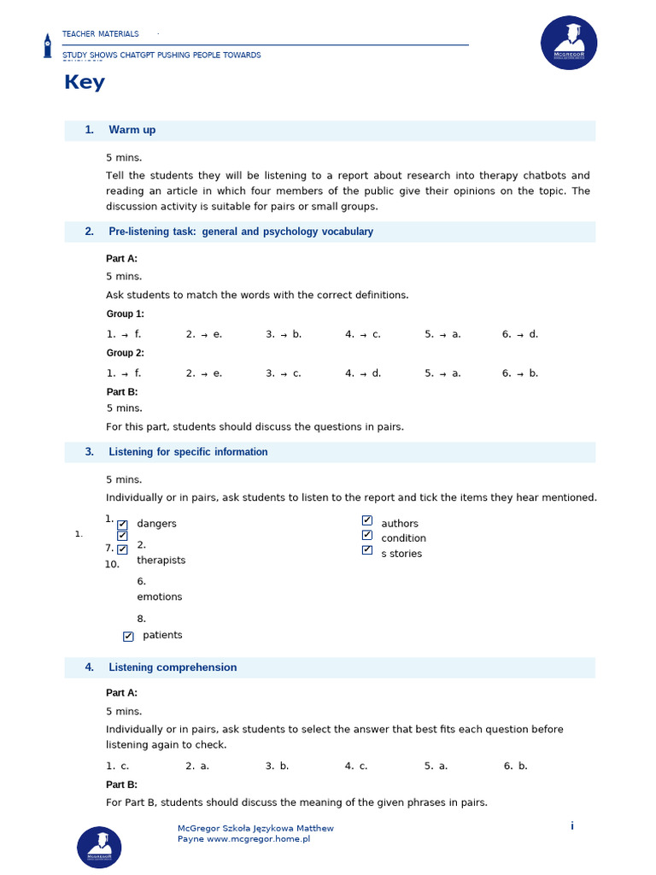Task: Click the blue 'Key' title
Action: [x=85, y=82]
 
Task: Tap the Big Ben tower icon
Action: [x=48, y=45]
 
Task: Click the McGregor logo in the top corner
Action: [x=569, y=43]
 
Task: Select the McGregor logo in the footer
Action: [x=99, y=847]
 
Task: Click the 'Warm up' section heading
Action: [x=132, y=130]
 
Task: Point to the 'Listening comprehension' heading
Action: [x=173, y=667]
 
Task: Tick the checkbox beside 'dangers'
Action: [x=122, y=525]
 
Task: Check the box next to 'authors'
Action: [x=367, y=520]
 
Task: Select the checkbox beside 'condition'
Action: [x=367, y=535]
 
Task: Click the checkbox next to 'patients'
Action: [x=128, y=636]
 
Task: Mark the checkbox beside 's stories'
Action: [x=367, y=550]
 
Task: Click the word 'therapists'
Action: [x=161, y=561]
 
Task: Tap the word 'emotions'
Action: [x=159, y=597]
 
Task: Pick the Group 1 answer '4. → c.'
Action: [x=363, y=334]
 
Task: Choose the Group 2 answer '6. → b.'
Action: [x=520, y=373]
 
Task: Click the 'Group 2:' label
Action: [x=125, y=353]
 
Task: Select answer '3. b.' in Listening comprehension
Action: [x=278, y=766]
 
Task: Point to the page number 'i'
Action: [x=572, y=825]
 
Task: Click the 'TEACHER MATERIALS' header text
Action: [x=100, y=34]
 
